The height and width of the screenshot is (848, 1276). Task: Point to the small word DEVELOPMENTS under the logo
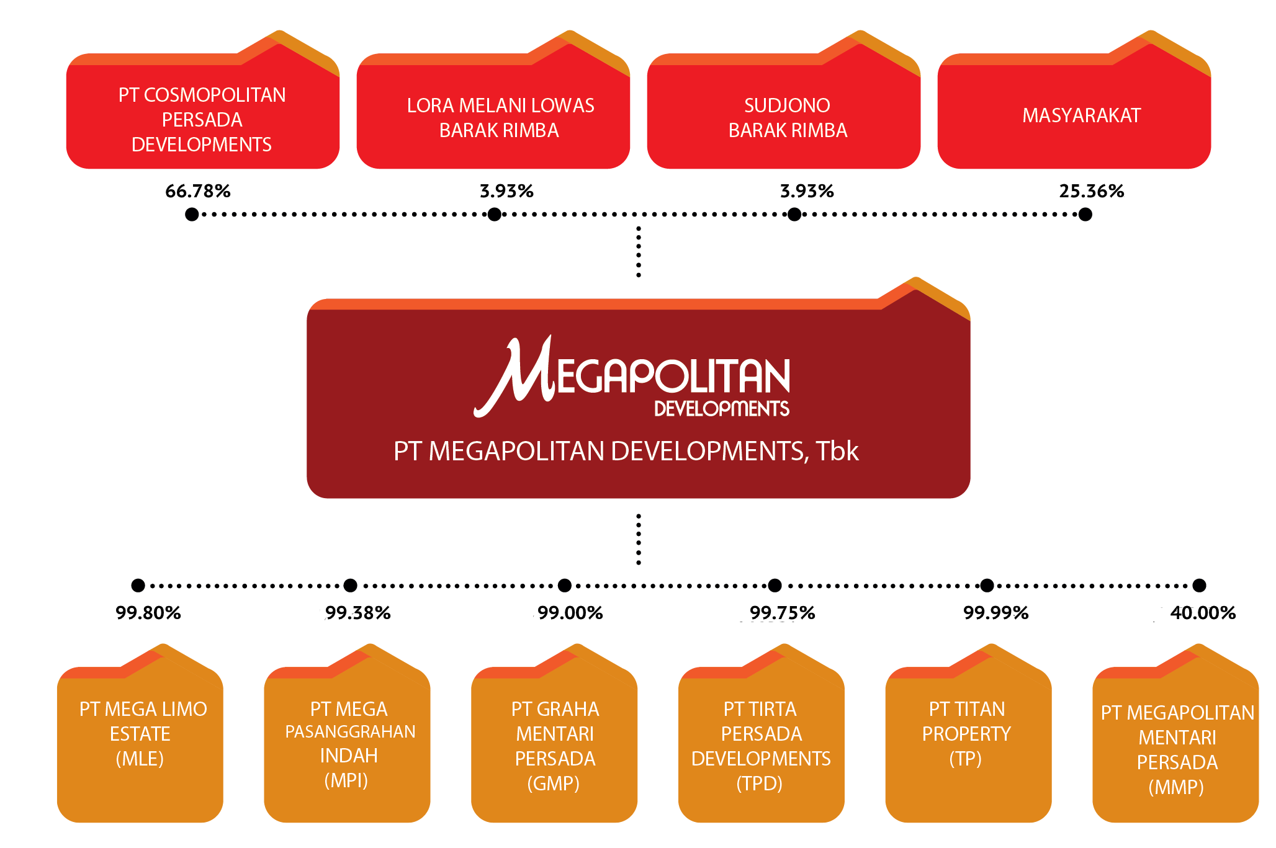(x=722, y=409)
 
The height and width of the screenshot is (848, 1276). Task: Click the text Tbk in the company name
(x=837, y=451)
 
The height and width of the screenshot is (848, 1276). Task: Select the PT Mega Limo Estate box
(x=140, y=744)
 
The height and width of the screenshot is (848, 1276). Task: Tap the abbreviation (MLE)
(x=140, y=759)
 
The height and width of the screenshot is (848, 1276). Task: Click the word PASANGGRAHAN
(x=350, y=732)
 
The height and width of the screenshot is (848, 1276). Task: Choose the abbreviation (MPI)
(x=346, y=780)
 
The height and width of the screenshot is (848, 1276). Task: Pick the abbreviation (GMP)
(x=554, y=783)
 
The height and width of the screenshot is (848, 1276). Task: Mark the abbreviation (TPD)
(x=760, y=783)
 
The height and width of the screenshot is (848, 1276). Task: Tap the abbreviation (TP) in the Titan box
(x=966, y=759)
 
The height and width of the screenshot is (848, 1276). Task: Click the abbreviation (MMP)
(x=1176, y=787)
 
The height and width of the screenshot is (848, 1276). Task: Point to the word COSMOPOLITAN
(x=215, y=95)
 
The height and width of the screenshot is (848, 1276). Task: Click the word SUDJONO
(x=787, y=105)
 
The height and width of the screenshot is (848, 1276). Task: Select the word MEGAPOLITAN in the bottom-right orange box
(x=1190, y=713)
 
